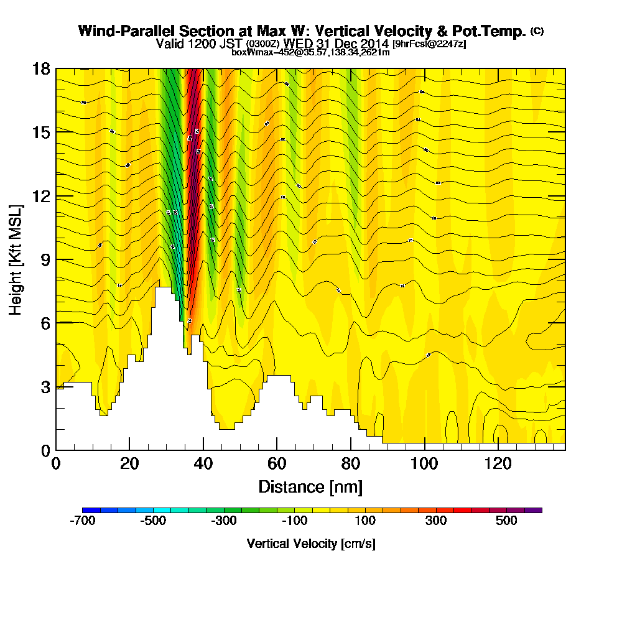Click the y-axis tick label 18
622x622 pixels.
[x=41, y=68]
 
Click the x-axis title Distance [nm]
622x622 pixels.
[x=310, y=486]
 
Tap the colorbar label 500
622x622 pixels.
[x=506, y=521]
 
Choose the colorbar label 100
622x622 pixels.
[x=365, y=521]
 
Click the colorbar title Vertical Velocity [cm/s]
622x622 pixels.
[x=311, y=544]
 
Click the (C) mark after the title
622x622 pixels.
[x=537, y=30]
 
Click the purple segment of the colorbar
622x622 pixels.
[x=533, y=510]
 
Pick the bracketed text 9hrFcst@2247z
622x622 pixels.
[x=429, y=44]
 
